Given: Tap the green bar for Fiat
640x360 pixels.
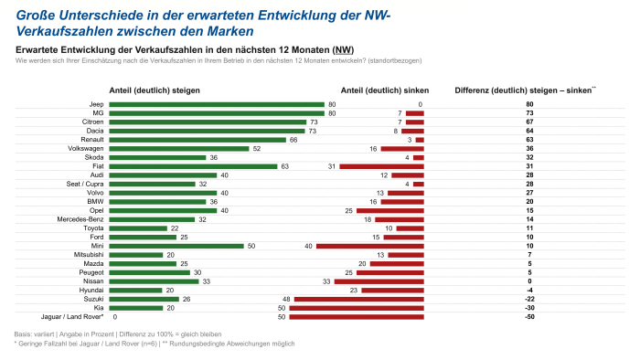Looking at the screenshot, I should tap(192, 165).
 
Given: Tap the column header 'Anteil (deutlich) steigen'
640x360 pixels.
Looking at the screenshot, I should tap(155, 90).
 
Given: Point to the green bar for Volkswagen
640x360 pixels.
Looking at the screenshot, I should tap(178, 148).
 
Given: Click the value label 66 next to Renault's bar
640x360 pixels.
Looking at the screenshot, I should tap(293, 139).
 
